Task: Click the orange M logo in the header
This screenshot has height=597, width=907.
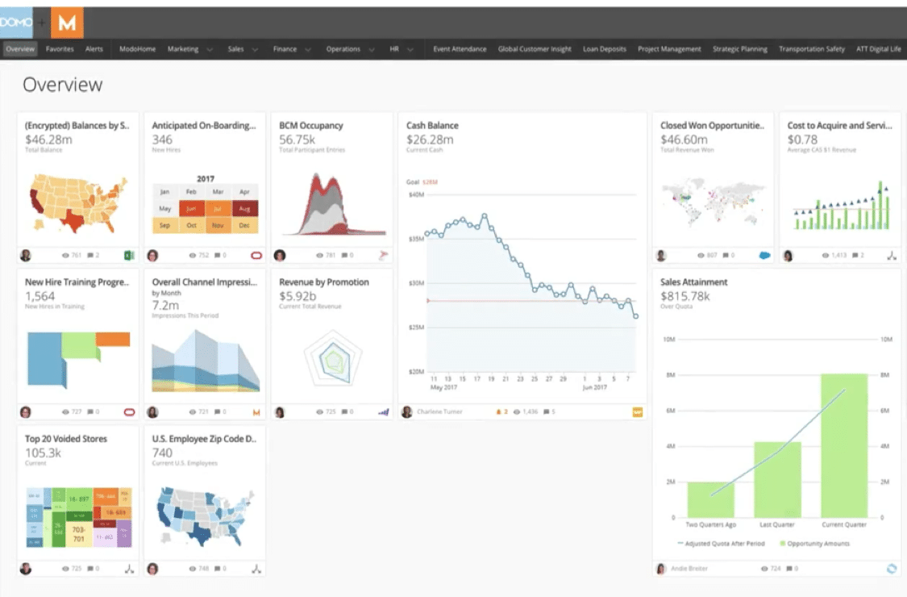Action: pyautogui.click(x=67, y=23)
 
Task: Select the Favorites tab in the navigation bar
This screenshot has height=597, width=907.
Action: pyautogui.click(x=60, y=49)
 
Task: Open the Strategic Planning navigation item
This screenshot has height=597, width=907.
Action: pyautogui.click(x=739, y=49)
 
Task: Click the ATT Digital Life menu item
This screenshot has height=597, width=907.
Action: pyautogui.click(x=878, y=49)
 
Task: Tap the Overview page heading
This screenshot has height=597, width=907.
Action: pyautogui.click(x=63, y=85)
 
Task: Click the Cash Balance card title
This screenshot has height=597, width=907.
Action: pyautogui.click(x=432, y=126)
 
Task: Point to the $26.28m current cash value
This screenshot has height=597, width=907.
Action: pyautogui.click(x=430, y=140)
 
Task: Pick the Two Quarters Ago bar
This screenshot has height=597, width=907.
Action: pyautogui.click(x=710, y=499)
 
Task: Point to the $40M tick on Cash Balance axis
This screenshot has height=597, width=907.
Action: pyautogui.click(x=416, y=194)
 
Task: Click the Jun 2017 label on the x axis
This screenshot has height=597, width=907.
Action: pyautogui.click(x=594, y=387)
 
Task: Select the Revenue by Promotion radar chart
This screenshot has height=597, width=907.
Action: pyautogui.click(x=332, y=359)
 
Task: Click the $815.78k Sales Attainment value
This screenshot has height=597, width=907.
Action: pyautogui.click(x=685, y=296)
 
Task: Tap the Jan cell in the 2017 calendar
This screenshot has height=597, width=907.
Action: pyautogui.click(x=164, y=192)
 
